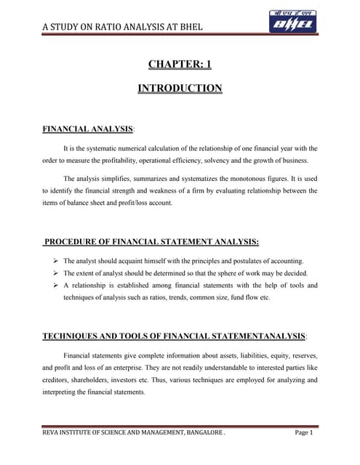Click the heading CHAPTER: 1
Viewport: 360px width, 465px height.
pyautogui.click(x=180, y=65)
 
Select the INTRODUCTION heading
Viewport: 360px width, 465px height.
pyautogui.click(x=180, y=89)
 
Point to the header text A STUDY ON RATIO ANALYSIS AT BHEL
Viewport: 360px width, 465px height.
pyautogui.click(x=121, y=28)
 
